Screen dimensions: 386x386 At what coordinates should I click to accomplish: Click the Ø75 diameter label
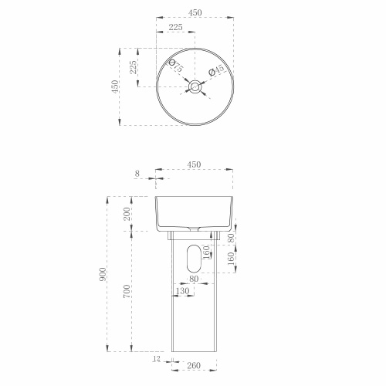(x=177, y=68)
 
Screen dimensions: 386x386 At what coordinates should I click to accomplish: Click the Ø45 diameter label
(x=218, y=70)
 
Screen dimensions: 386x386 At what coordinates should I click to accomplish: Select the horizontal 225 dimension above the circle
(x=174, y=28)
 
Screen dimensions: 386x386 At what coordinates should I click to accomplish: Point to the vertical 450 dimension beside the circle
(x=116, y=86)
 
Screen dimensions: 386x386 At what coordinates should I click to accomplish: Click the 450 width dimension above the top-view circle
(x=195, y=12)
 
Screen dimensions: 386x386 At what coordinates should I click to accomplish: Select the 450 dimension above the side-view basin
(x=195, y=164)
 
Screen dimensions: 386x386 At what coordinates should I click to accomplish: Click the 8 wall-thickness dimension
(x=137, y=174)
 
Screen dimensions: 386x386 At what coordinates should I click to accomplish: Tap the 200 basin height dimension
(x=127, y=214)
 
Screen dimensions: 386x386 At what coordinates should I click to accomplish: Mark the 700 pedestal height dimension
(x=127, y=291)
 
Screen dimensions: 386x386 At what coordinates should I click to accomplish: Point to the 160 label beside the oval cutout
(x=205, y=252)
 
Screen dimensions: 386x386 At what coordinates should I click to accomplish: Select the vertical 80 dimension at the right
(x=231, y=239)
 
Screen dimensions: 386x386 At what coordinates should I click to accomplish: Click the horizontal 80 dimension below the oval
(x=193, y=279)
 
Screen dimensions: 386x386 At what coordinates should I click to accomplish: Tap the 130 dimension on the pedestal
(x=182, y=292)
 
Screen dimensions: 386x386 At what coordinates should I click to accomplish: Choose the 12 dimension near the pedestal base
(x=157, y=360)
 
